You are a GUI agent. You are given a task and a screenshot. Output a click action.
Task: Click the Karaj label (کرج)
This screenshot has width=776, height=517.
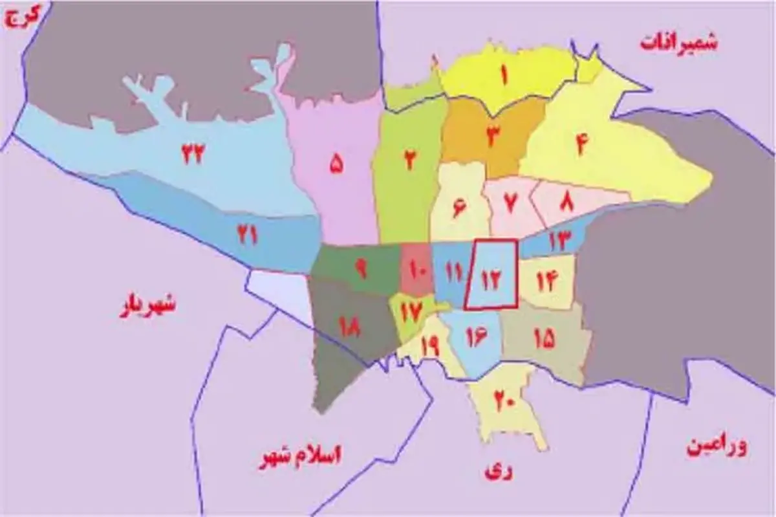(x=23, y=17)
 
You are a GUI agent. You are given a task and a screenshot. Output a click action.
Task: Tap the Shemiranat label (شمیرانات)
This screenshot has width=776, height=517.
(x=678, y=43)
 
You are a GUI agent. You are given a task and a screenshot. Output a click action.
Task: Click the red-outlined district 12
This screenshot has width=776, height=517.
(x=491, y=274)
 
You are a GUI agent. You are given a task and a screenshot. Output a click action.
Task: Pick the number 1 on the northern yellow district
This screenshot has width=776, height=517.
(x=502, y=76)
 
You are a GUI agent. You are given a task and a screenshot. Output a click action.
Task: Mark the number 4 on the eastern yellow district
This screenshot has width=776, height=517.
(x=580, y=144)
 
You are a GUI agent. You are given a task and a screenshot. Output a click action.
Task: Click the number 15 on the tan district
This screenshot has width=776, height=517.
(x=544, y=338)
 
